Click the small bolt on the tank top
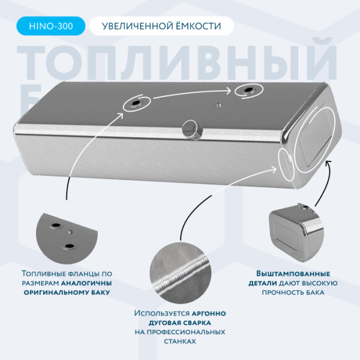click(219, 106)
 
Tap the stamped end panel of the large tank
click(315, 137)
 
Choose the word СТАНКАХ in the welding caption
click(180, 341)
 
